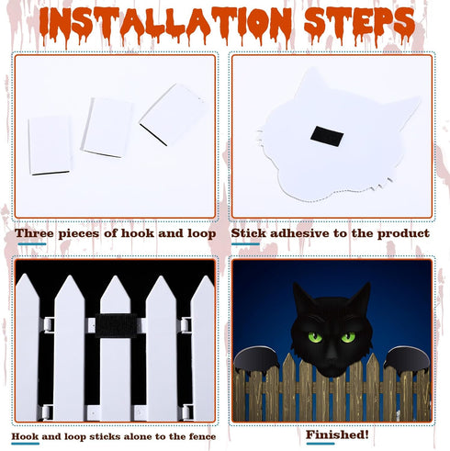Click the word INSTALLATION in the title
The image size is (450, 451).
[165, 23]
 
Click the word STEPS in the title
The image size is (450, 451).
[360, 23]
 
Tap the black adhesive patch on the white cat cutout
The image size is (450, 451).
[327, 136]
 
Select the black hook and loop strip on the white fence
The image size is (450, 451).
[116, 325]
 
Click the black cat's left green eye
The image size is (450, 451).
[315, 337]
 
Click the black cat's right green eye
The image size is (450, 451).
[348, 337]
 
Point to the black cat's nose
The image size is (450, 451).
[332, 355]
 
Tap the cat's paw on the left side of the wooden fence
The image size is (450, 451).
[256, 359]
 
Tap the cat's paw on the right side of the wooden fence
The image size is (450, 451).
[407, 359]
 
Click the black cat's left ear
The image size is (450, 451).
[302, 297]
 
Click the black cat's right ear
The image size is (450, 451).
[361, 297]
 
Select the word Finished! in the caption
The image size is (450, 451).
[337, 434]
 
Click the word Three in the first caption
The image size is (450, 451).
[34, 233]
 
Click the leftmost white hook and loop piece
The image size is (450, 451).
[50, 145]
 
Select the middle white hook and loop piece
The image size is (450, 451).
[107, 128]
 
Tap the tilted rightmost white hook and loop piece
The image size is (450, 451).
[172, 114]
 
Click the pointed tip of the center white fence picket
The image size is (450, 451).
[116, 276]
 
